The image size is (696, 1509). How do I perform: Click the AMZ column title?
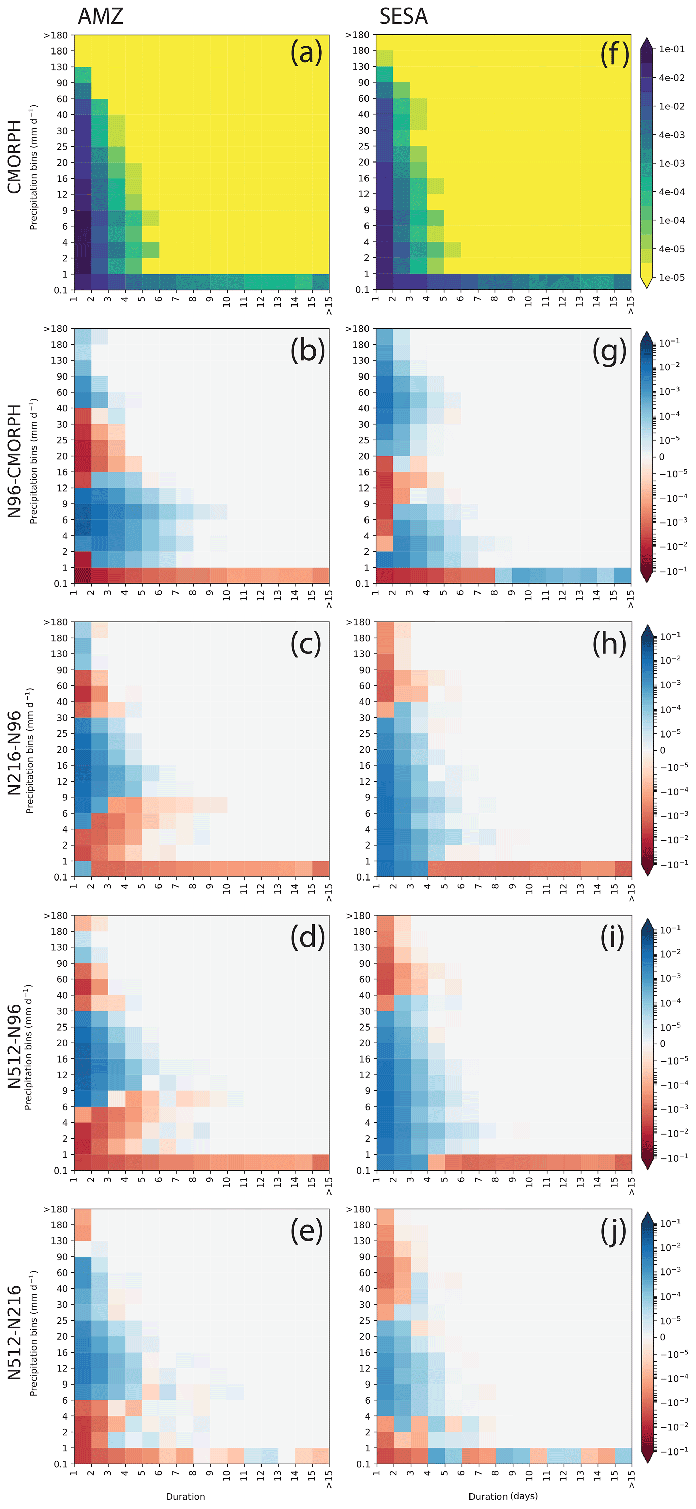(x=100, y=16)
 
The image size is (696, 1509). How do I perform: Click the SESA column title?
(x=403, y=16)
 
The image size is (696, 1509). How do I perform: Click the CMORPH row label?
(x=14, y=157)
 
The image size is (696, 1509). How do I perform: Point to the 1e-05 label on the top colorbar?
(x=671, y=278)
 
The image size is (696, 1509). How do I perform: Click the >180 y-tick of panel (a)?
(x=56, y=35)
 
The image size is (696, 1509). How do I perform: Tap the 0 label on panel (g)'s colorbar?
(x=662, y=457)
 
